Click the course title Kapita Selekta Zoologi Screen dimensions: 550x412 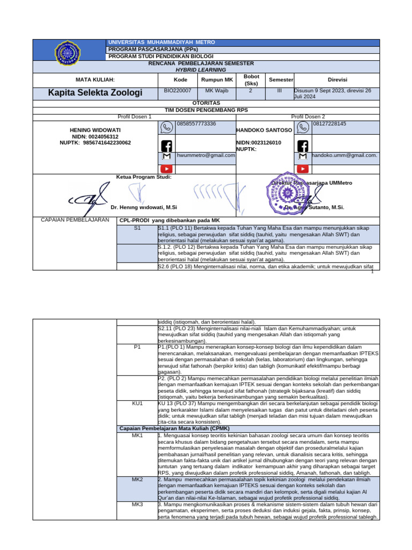(x=95, y=93)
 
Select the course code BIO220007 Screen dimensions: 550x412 (x=176, y=91)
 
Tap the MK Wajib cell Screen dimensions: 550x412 (x=217, y=91)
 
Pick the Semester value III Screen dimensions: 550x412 (x=279, y=91)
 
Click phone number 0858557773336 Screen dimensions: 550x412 (x=196, y=124)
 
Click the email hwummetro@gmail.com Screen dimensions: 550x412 (x=206, y=155)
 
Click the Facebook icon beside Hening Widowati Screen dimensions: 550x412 (x=167, y=145)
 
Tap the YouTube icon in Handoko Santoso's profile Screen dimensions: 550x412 (x=303, y=169)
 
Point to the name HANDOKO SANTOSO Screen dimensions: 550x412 (x=264, y=131)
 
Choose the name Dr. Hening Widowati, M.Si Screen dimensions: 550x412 (x=144, y=207)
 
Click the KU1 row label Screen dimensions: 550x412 (x=137, y=402)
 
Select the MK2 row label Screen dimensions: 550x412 (x=137, y=479)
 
